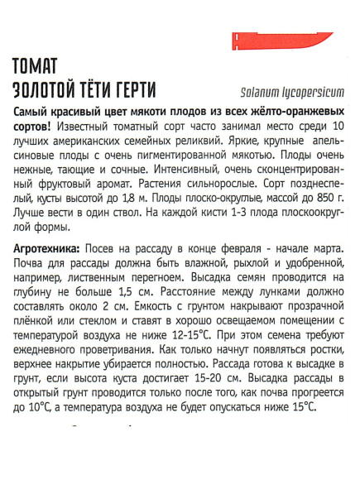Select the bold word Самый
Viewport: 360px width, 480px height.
point(35,112)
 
